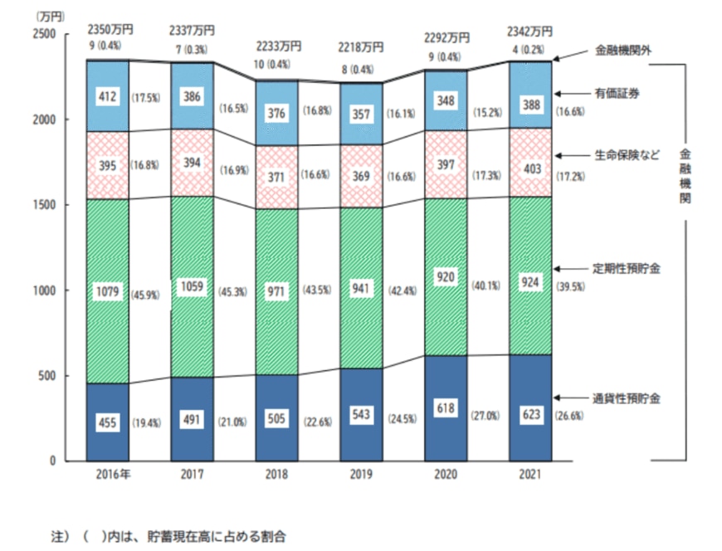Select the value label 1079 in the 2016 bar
coord(108,293)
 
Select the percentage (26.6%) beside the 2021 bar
coord(569,417)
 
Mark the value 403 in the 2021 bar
coord(529,169)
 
